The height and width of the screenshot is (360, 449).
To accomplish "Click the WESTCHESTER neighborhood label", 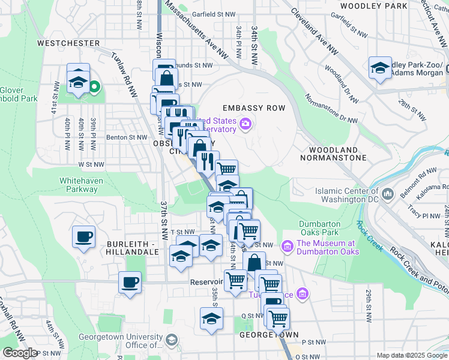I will pyautogui.click(x=68, y=43).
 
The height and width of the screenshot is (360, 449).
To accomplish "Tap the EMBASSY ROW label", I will pyautogui.click(x=253, y=108).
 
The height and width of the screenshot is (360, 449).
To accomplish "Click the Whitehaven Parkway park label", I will pyautogui.click(x=78, y=185).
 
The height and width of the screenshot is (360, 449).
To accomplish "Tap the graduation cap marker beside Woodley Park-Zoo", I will pyautogui.click(x=380, y=68).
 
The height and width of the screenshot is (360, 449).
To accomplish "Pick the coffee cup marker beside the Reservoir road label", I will pyautogui.click(x=130, y=282).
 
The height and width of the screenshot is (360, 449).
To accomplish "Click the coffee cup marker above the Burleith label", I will pyautogui.click(x=83, y=235).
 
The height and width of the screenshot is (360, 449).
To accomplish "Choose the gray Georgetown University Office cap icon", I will pyautogui.click(x=171, y=341).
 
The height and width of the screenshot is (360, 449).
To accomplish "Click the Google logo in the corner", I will pyautogui.click(x=20, y=353).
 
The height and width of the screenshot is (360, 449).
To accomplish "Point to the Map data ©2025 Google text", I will pyautogui.click(x=411, y=355).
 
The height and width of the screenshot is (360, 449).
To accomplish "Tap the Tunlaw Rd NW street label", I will pyautogui.click(x=124, y=74).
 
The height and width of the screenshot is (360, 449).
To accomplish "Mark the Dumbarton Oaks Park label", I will pyautogui.click(x=320, y=228).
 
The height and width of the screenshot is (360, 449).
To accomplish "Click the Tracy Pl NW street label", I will pyautogui.click(x=423, y=215).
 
